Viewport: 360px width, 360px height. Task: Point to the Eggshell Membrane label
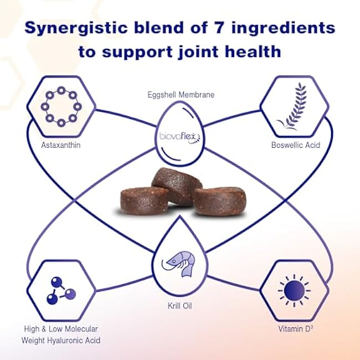pyautogui.click(x=180, y=95)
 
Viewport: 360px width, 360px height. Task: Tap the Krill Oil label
pyautogui.click(x=180, y=305)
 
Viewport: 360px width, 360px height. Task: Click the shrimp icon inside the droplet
pyautogui.click(x=179, y=261)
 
